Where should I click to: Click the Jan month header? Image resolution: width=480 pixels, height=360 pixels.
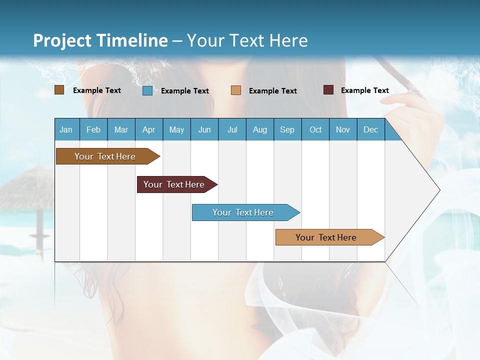pos(66,129)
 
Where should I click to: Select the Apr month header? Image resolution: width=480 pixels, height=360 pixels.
pos(148,129)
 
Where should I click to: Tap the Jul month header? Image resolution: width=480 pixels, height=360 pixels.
pos(232,129)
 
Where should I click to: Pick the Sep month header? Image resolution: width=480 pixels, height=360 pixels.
pos(287,129)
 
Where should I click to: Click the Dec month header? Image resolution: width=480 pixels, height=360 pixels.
pos(370,129)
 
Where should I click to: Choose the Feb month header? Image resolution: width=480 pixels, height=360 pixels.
pos(93,129)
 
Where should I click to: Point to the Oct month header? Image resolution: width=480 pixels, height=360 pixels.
pos(315,129)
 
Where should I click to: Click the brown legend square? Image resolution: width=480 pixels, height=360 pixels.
pos(59,90)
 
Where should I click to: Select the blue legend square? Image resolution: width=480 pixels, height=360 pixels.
pos(147,90)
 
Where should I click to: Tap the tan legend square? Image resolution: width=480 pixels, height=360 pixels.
pos(236,90)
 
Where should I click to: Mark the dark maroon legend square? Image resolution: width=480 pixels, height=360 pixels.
pos(328,90)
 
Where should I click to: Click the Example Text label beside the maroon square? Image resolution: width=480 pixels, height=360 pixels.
pos(364,90)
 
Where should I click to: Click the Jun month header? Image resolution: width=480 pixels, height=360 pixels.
pos(204,129)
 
